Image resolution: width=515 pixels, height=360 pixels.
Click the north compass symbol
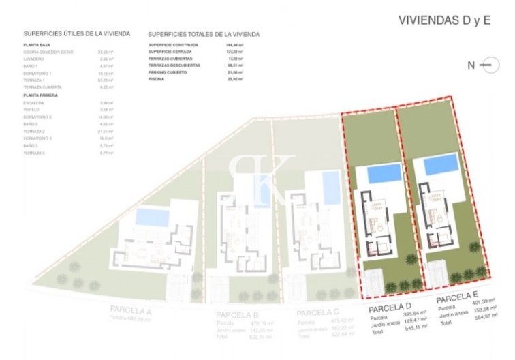pyautogui.click(x=486, y=65)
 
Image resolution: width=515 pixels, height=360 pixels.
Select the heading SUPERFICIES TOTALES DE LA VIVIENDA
pyautogui.click(x=203, y=33)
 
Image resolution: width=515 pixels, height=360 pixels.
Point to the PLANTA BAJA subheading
pyautogui.click(x=36, y=44)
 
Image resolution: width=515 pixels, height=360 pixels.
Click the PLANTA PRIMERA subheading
pyautogui.click(x=40, y=95)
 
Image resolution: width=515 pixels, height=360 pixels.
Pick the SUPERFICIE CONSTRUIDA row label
pyautogui.click(x=173, y=45)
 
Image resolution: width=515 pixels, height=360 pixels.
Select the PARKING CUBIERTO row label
pyautogui.click(x=168, y=72)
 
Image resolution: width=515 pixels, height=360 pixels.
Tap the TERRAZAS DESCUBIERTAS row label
pyautogui.click(x=174, y=65)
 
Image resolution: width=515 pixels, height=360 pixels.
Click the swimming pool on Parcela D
pyautogui.click(x=385, y=173)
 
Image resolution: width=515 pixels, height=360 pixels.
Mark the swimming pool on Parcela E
pyautogui.click(x=441, y=164)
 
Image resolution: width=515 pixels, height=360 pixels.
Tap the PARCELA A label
pyautogui.click(x=130, y=310)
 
